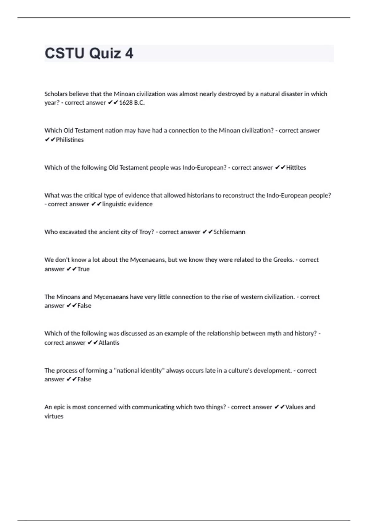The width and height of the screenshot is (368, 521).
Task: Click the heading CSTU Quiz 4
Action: (x=89, y=53)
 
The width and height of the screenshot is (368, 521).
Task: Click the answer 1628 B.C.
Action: (x=132, y=103)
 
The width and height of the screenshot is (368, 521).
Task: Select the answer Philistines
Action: (x=70, y=140)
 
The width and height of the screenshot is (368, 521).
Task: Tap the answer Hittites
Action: (x=296, y=168)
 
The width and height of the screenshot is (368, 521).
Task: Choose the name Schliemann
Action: (x=229, y=232)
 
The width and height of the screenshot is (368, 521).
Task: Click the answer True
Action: (x=83, y=269)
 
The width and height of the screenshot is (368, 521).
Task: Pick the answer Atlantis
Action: (x=109, y=343)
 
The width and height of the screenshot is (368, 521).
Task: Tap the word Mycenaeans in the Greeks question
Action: (x=148, y=260)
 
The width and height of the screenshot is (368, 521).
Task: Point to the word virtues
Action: (x=54, y=416)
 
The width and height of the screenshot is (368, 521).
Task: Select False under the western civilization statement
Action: (x=84, y=306)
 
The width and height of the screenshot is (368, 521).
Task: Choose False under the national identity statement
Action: (x=84, y=379)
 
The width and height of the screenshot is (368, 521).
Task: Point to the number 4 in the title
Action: (x=129, y=53)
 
